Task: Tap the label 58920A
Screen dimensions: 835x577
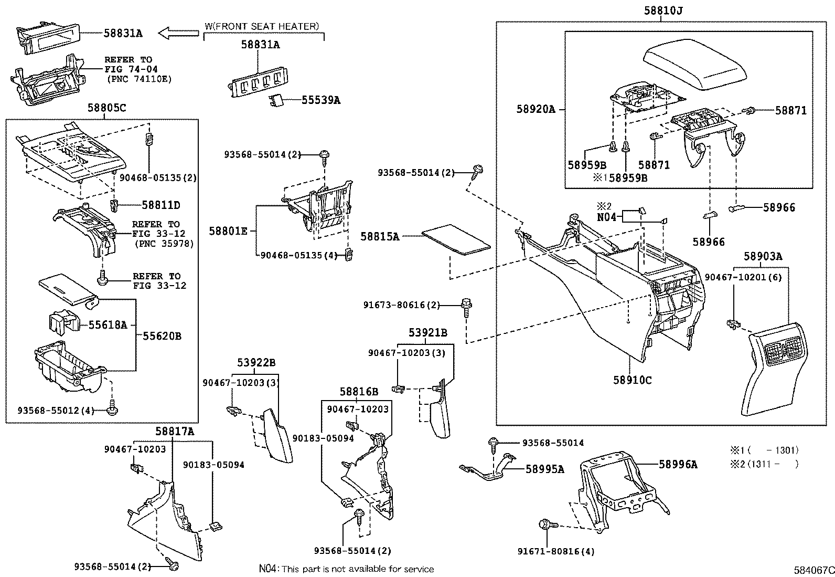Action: click(535, 109)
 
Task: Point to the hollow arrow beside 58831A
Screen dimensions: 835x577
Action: click(178, 34)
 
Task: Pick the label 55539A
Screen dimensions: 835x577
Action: click(320, 100)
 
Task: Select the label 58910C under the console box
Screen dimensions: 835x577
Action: click(632, 380)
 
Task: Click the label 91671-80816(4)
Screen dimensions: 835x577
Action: click(556, 551)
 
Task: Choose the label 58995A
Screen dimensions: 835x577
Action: click(544, 469)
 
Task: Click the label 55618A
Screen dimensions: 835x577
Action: click(108, 326)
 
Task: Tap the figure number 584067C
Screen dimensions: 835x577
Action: click(813, 570)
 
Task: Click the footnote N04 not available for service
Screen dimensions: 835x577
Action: click(346, 569)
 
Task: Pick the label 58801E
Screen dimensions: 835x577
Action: click(228, 230)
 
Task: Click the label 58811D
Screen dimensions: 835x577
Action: click(160, 205)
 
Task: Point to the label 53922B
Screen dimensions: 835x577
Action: click(256, 362)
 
